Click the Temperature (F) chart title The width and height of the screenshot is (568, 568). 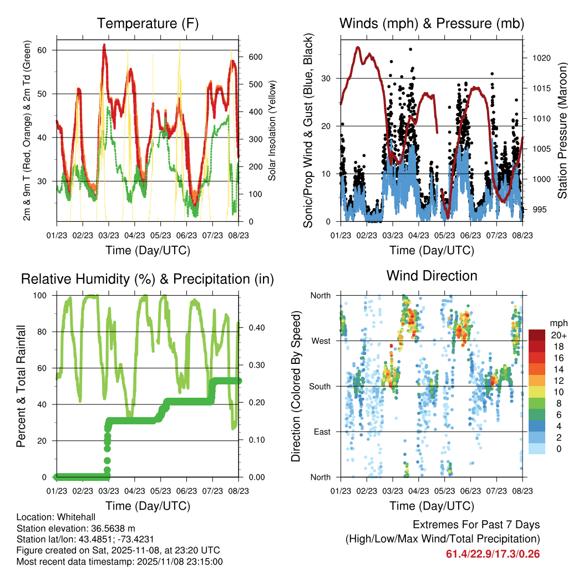148,24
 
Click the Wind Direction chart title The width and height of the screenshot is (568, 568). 432,275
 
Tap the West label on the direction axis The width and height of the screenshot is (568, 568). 320,341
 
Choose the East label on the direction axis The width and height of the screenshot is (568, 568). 321,432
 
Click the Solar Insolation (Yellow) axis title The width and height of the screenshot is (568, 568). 272,130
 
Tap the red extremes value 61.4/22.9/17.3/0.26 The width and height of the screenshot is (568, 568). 493,554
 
